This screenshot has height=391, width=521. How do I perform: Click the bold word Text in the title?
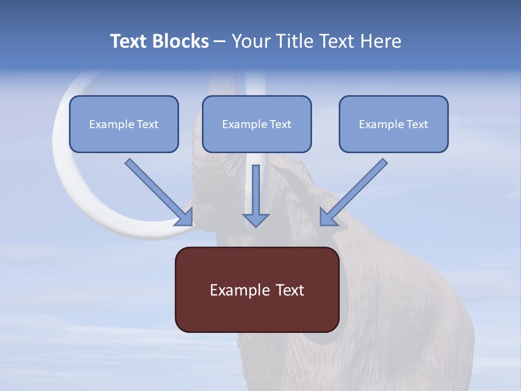point(129,41)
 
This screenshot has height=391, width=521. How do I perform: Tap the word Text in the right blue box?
point(417,124)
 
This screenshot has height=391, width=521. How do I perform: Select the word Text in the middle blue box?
point(280,124)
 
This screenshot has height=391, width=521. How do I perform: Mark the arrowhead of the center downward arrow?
point(256,220)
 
